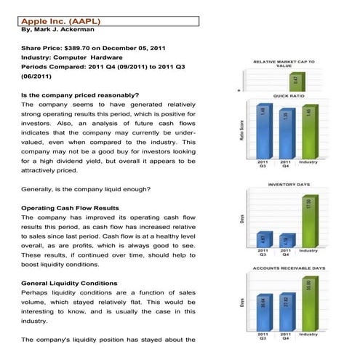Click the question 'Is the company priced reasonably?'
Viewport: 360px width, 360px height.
(80, 95)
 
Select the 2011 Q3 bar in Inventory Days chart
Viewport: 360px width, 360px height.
(263, 239)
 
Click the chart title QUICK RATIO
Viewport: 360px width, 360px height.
(287, 95)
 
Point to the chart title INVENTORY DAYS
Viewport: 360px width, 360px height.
(288, 185)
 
